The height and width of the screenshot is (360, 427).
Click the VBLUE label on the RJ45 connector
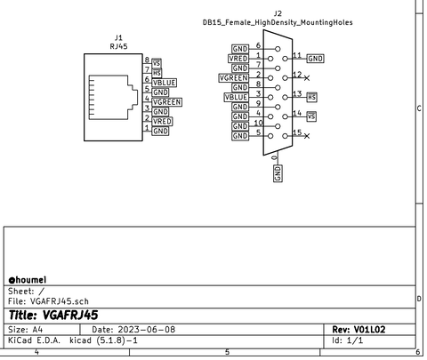[x=165, y=83]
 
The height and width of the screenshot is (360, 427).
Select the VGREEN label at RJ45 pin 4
[x=166, y=102]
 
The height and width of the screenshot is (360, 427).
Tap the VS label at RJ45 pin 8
[x=157, y=63]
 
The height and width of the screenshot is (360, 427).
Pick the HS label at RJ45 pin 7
[x=157, y=73]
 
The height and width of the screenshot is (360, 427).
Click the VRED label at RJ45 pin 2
[x=162, y=122]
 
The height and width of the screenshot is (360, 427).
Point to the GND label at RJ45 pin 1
[x=160, y=132]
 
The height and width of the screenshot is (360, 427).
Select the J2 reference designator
[x=278, y=13]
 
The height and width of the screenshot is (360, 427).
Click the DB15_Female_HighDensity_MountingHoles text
[x=278, y=22]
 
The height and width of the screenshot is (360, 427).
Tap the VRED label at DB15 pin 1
[x=238, y=59]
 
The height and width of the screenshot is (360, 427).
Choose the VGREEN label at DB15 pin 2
[x=234, y=78]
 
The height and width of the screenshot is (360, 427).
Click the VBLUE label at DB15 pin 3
[x=237, y=98]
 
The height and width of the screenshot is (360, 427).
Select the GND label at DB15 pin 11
[x=316, y=59]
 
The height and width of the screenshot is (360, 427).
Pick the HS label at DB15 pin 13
[x=312, y=96]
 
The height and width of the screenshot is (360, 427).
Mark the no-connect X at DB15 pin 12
[x=307, y=78]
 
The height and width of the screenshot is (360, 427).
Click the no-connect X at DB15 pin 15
[x=307, y=136]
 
